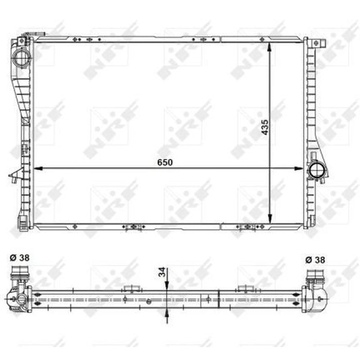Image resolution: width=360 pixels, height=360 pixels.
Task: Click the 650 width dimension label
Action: click(165, 162)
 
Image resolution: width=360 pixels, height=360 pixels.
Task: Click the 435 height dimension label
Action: click(265, 127)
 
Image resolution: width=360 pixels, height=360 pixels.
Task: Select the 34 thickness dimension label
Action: click(162, 272)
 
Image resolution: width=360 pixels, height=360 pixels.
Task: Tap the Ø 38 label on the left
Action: click(20, 257)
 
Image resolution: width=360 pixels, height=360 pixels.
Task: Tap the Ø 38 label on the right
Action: click(315, 260)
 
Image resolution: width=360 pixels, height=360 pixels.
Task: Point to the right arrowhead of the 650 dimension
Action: click(298, 168)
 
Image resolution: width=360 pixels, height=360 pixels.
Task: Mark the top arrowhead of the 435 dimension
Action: click(270, 47)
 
